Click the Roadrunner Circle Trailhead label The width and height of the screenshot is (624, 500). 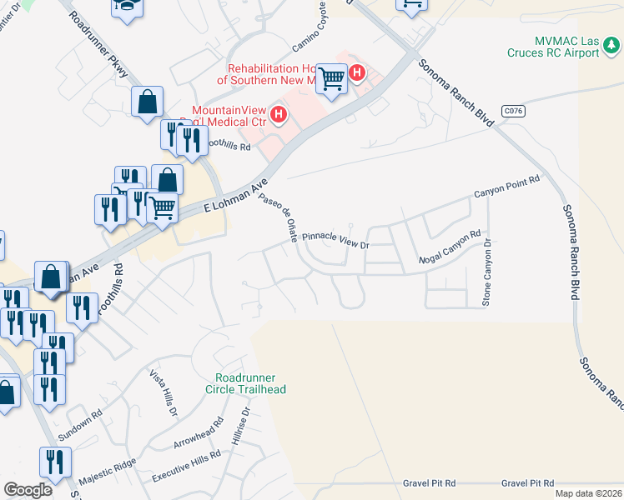(x=250, y=383)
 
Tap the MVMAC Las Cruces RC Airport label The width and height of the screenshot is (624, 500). (x=554, y=47)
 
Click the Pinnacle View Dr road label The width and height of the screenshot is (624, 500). (x=335, y=240)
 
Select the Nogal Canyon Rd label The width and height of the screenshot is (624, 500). (x=450, y=246)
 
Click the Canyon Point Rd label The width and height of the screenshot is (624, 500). (x=507, y=187)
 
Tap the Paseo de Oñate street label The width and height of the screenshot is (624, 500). (x=278, y=217)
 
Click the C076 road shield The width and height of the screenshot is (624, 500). (x=513, y=109)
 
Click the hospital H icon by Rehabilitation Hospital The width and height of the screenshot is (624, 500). (x=357, y=73)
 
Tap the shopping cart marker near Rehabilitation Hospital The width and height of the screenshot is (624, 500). (x=333, y=80)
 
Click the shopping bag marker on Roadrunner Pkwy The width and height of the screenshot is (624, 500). (x=147, y=102)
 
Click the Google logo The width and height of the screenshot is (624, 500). (x=28, y=490)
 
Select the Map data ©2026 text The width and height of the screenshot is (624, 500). (x=587, y=493)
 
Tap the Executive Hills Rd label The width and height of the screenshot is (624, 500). (x=186, y=467)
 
